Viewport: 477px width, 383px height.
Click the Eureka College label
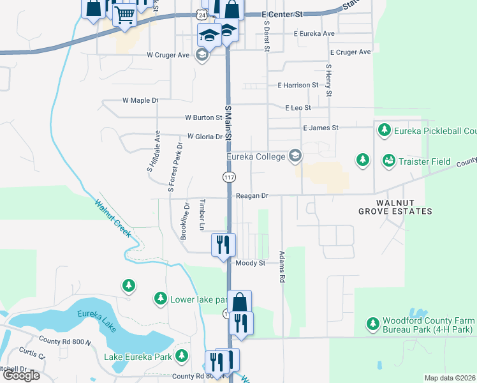257,156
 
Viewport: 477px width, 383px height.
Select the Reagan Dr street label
253,196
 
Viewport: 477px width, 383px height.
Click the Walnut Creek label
112,219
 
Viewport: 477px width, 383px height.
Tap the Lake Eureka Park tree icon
182,356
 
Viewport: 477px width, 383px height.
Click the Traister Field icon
388,161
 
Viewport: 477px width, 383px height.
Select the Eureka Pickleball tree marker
384,131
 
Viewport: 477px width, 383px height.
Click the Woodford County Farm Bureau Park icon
373,325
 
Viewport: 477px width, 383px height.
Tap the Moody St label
249,263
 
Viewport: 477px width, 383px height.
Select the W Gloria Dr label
204,137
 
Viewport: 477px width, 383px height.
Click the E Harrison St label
298,85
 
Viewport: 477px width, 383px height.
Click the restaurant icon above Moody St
223,244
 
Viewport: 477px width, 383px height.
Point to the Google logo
21,375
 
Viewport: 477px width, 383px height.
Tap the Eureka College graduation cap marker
295,155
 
